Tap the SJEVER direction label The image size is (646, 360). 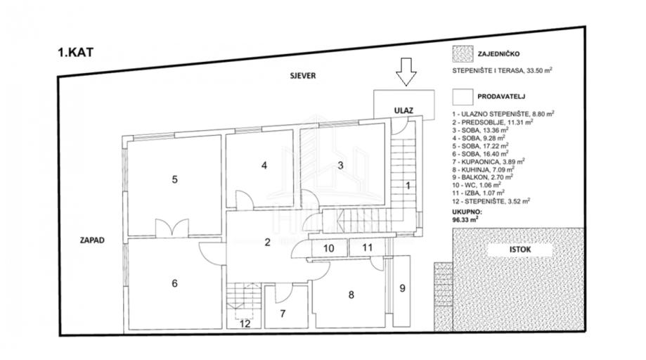290,75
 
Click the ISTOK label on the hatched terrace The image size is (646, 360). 501,248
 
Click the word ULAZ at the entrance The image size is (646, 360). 403,109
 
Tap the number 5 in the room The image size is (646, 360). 175,179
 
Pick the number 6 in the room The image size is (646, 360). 174,283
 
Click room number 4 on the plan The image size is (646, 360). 264,166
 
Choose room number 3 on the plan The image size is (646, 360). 340,166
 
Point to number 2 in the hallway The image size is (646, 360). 267,243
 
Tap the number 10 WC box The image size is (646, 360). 328,247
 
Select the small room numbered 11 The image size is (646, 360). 367,247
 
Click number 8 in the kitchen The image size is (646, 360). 351,295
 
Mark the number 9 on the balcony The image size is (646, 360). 402,288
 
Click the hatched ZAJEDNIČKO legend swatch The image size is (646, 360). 463,54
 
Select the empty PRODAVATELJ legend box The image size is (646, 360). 463,96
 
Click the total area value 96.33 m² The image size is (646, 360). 465,219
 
